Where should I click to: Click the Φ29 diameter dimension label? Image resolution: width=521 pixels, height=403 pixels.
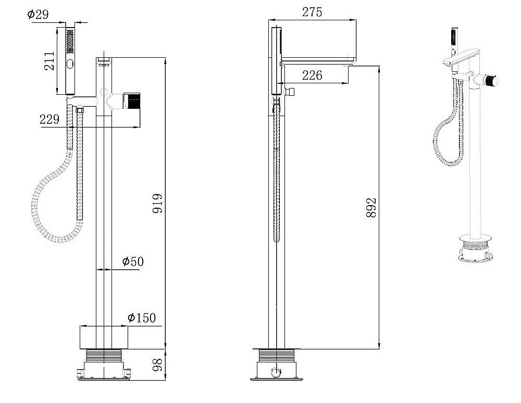tap(38, 14)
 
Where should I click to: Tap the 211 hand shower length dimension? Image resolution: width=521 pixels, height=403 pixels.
tap(49, 61)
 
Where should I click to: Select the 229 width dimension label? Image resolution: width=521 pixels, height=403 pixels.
tap(49, 119)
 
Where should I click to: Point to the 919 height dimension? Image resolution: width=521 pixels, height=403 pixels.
tap(157, 203)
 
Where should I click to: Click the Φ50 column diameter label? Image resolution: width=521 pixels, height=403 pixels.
tap(133, 261)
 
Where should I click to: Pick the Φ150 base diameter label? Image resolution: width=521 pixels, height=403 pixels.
tap(142, 318)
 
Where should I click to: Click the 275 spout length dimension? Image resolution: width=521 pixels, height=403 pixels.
tap(312, 12)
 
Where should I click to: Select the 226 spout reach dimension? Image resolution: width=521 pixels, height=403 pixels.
tap(312, 75)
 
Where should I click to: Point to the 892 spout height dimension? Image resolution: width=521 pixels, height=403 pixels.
tap(371, 208)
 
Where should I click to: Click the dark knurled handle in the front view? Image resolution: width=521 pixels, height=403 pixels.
tap(134, 101)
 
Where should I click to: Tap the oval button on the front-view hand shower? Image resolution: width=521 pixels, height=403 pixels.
tap(70, 64)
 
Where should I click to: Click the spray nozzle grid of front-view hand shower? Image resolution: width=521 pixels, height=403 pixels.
tap(70, 41)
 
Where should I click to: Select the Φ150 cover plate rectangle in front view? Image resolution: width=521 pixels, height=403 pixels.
tap(104, 337)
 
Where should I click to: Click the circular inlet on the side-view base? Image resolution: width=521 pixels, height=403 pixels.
tap(276, 372)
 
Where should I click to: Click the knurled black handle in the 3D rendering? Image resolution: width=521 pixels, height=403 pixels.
tap(490, 81)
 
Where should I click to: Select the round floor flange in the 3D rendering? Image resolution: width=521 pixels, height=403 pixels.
tap(475, 240)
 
